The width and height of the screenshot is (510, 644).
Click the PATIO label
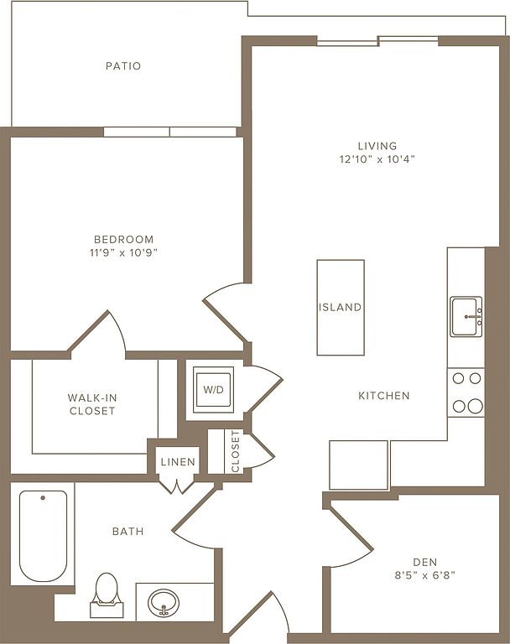pyautogui.click(x=123, y=65)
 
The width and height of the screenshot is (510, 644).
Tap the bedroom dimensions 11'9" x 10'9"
pyautogui.click(x=123, y=252)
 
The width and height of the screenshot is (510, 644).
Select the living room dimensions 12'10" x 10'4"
pyautogui.click(x=377, y=159)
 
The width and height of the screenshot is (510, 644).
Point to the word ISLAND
pyautogui.click(x=341, y=307)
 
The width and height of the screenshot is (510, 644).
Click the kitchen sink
pyautogui.click(x=466, y=317)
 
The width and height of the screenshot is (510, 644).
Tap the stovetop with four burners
pyautogui.click(x=466, y=392)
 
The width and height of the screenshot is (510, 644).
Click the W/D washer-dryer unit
pyautogui.click(x=213, y=389)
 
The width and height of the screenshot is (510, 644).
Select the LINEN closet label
pyautogui.click(x=178, y=462)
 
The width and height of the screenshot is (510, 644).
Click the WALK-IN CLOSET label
pyautogui.click(x=92, y=404)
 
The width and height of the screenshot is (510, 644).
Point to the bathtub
pyautogui.click(x=43, y=536)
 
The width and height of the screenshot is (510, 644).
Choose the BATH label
pyautogui.click(x=127, y=532)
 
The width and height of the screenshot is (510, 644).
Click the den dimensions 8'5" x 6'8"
pyautogui.click(x=425, y=575)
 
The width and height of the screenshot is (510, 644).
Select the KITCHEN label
pyautogui.click(x=384, y=396)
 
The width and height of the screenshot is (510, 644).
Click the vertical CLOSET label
pyautogui.click(x=235, y=451)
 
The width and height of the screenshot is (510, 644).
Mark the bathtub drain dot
pyautogui.click(x=43, y=498)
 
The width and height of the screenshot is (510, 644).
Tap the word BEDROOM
pyautogui.click(x=123, y=239)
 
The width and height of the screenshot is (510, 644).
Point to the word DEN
pyautogui.click(x=425, y=562)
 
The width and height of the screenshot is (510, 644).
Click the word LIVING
pyautogui.click(x=377, y=146)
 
